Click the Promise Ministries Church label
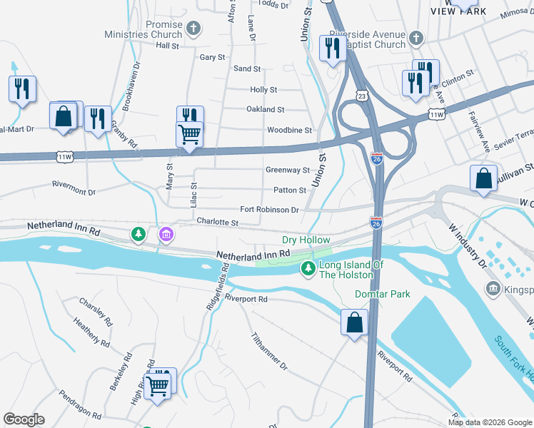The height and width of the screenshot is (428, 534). (143, 29)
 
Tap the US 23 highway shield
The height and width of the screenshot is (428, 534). (363, 96)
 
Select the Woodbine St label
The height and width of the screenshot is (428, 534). (289, 131)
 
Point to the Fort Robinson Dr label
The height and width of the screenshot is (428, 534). (268, 210)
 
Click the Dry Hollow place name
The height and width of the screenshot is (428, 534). (306, 241)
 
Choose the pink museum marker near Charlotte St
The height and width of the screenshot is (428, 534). (166, 234)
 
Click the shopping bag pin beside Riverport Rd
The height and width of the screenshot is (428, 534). (354, 322)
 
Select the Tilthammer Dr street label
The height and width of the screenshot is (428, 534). (269, 351)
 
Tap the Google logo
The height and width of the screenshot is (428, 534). (24, 419)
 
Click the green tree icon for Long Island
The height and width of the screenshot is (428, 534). (308, 269)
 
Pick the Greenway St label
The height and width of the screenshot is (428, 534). (287, 170)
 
